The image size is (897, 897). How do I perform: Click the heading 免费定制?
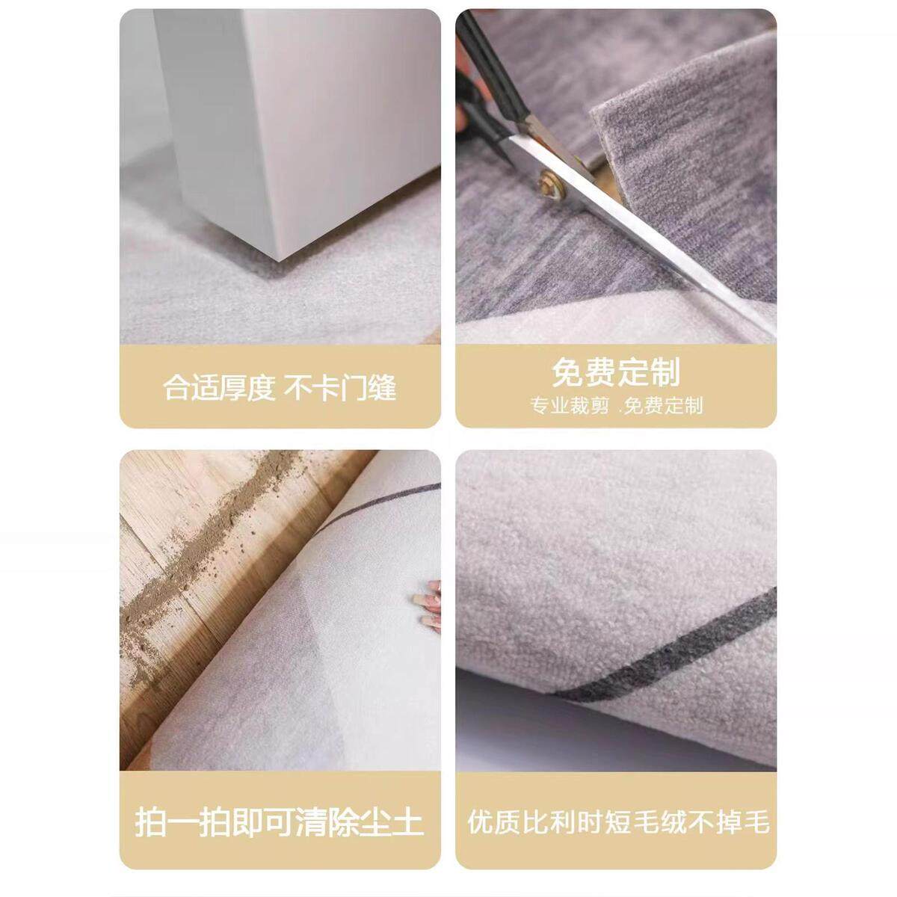click(616, 372)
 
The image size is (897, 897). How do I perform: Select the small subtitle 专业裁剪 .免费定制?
click(616, 406)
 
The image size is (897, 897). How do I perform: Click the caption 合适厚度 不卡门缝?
click(280, 388)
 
